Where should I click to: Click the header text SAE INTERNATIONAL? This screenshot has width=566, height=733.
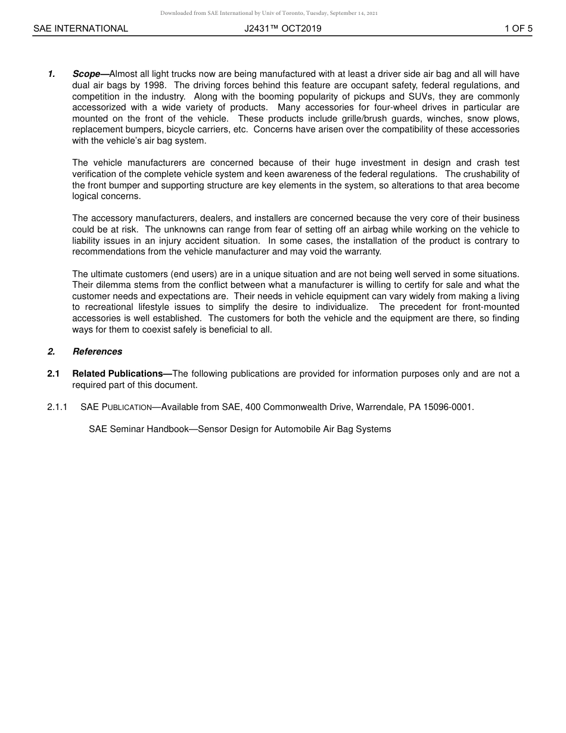click(80, 28)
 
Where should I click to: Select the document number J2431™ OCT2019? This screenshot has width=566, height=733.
click(282, 28)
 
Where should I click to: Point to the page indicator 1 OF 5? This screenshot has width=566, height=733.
click(518, 28)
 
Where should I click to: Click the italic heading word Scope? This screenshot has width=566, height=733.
click(86, 74)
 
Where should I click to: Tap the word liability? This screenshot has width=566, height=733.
click(89, 241)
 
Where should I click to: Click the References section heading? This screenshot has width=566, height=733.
click(97, 352)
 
